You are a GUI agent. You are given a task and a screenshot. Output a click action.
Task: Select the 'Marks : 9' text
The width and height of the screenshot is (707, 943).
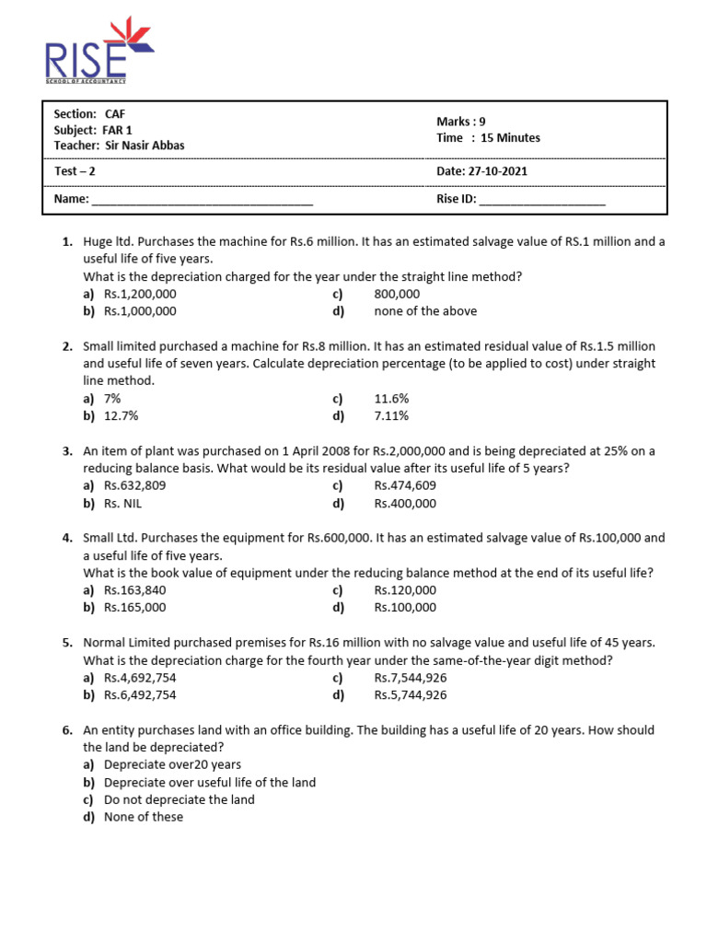pos(460,122)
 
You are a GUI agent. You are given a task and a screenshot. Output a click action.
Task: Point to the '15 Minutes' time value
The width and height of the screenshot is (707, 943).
pos(504,138)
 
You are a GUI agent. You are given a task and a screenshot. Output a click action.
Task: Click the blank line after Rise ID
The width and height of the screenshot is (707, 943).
pos(542,199)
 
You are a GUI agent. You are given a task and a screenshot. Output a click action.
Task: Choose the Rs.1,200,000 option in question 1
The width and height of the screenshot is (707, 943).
pos(140,294)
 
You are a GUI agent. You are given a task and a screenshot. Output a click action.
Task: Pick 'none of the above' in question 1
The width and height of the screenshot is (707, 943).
pos(425,311)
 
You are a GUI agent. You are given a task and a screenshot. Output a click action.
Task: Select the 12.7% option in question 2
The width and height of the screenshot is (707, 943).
pos(122,415)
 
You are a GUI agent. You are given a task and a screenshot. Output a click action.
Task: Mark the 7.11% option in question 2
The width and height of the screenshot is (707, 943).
pos(391,415)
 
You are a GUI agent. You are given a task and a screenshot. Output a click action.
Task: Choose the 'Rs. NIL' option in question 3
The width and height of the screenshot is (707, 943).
pos(123,504)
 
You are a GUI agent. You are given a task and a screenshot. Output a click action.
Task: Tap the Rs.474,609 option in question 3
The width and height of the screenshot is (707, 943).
pos(405,485)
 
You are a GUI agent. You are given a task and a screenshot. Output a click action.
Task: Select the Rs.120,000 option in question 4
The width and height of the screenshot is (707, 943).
pos(405,590)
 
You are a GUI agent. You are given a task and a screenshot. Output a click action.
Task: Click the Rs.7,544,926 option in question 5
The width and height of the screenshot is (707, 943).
pos(411,678)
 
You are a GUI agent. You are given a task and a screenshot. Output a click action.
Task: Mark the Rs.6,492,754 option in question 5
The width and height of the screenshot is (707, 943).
pos(140,695)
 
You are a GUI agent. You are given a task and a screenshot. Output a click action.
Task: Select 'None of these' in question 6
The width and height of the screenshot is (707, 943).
pos(144,817)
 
